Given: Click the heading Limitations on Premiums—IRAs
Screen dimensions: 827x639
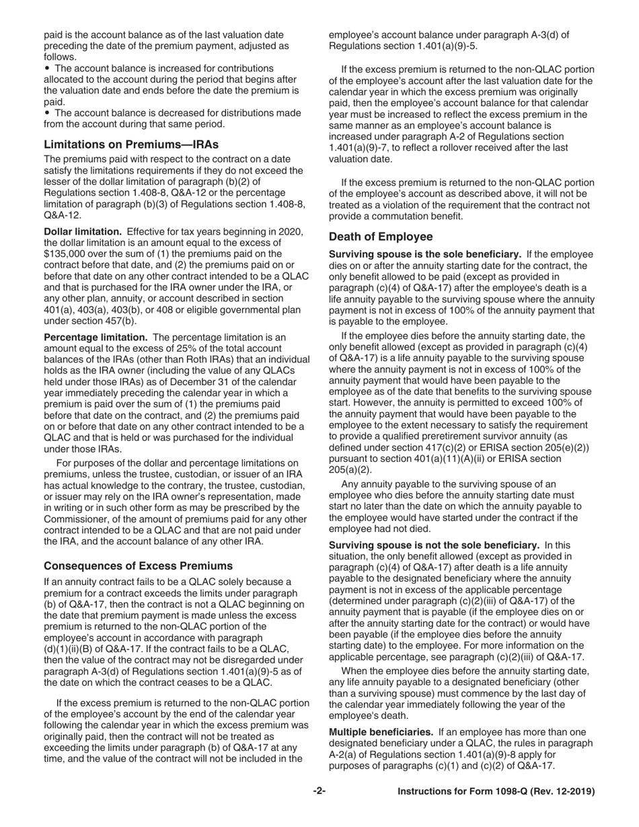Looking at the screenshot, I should (130, 144).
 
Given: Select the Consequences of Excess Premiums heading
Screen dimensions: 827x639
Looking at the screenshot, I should (139, 565).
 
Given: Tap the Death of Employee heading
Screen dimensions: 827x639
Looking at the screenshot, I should (381, 237).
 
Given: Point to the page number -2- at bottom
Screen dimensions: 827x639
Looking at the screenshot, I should (319, 792).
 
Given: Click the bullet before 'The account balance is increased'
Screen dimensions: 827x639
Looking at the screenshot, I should (46, 69).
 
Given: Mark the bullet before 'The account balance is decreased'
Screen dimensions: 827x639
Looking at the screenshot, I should (46, 113).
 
